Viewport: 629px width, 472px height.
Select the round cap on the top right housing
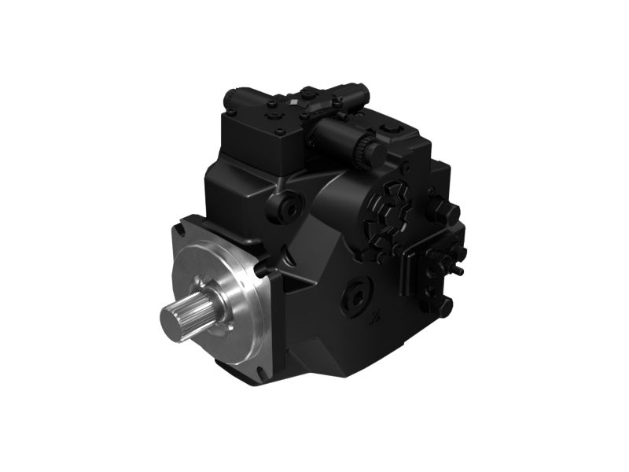(390, 127)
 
